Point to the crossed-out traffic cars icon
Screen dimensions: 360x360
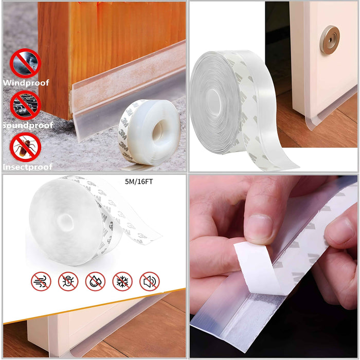(x=25, y=105)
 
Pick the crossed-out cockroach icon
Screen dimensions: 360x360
(x=25, y=147)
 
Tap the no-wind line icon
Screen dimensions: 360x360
(x=41, y=281)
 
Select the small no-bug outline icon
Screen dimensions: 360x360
(x=68, y=281)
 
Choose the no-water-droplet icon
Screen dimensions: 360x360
(x=95, y=281)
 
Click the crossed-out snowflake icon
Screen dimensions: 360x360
(x=122, y=281)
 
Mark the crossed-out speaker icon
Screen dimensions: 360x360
(x=149, y=281)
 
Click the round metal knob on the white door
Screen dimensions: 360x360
(x=329, y=40)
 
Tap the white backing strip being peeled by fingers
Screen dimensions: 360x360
(x=260, y=267)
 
